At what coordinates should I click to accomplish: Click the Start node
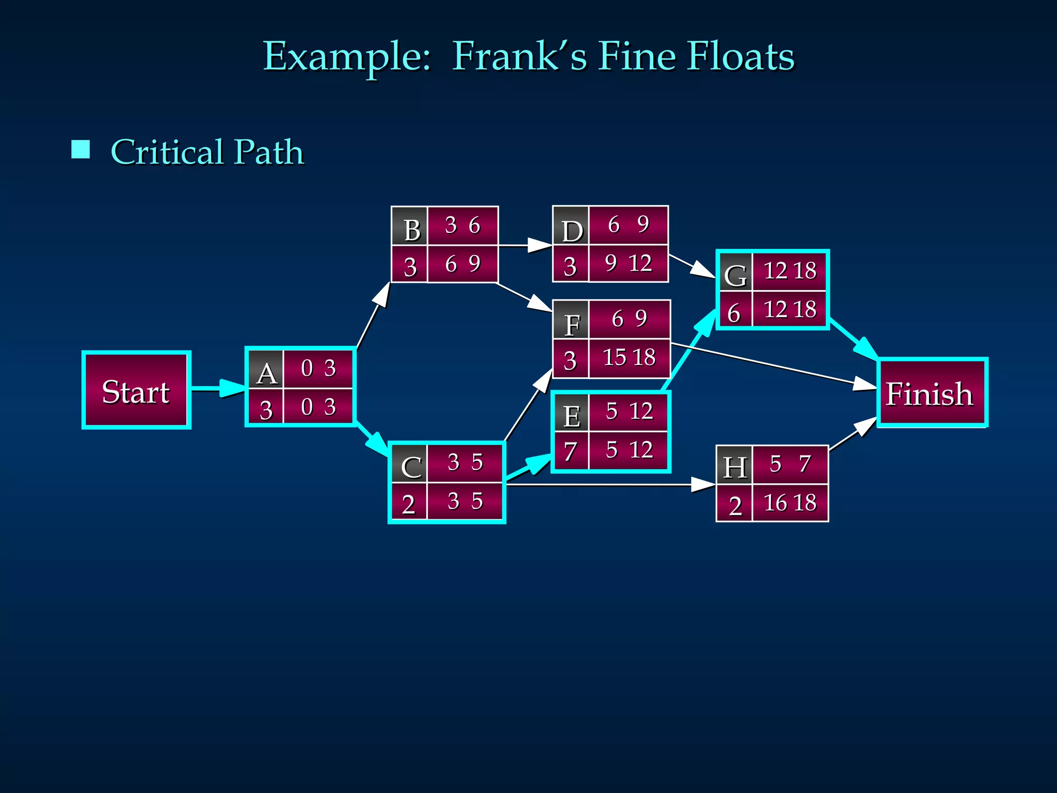pyautogui.click(x=136, y=390)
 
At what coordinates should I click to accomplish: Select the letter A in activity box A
pyautogui.click(x=266, y=373)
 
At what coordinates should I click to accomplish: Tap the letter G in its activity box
pyautogui.click(x=735, y=275)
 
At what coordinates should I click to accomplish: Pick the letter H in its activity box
pyautogui.click(x=735, y=467)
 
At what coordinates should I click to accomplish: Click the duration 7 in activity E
pyautogui.click(x=570, y=451)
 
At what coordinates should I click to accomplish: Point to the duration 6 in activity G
pyautogui.click(x=734, y=313)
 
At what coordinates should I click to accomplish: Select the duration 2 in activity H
pyautogui.click(x=735, y=505)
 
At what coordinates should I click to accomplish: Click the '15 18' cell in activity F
pyautogui.click(x=629, y=357)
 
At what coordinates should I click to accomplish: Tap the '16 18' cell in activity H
pyautogui.click(x=790, y=502)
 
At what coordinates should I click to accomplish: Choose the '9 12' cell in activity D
pyautogui.click(x=628, y=263)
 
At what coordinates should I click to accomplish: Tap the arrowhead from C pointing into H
pyautogui.click(x=702, y=485)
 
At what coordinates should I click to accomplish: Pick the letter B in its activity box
pyautogui.click(x=411, y=230)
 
